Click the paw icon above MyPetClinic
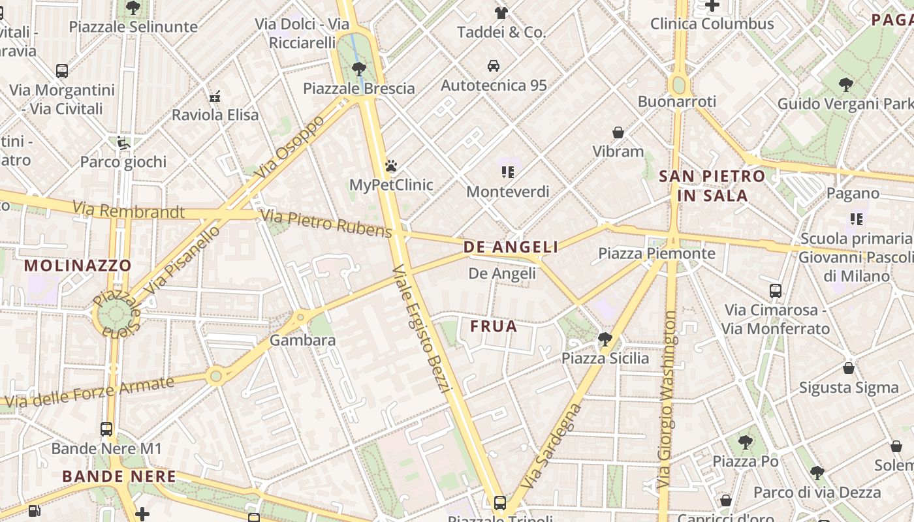point(390,166)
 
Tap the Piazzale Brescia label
point(358,88)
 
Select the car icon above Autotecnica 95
point(494,66)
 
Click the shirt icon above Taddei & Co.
point(501,13)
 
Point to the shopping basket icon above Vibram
point(618,132)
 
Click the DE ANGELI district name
point(511,247)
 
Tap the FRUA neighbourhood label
point(494,326)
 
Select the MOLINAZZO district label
point(78,266)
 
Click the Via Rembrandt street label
point(129,210)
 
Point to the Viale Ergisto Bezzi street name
point(422,330)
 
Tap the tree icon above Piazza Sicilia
point(605,339)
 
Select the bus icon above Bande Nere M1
point(106,429)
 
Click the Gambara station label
point(302,340)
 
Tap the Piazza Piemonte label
point(656,253)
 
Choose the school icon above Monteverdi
point(507,172)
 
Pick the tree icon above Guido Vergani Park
point(845,84)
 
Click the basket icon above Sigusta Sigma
point(848,368)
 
